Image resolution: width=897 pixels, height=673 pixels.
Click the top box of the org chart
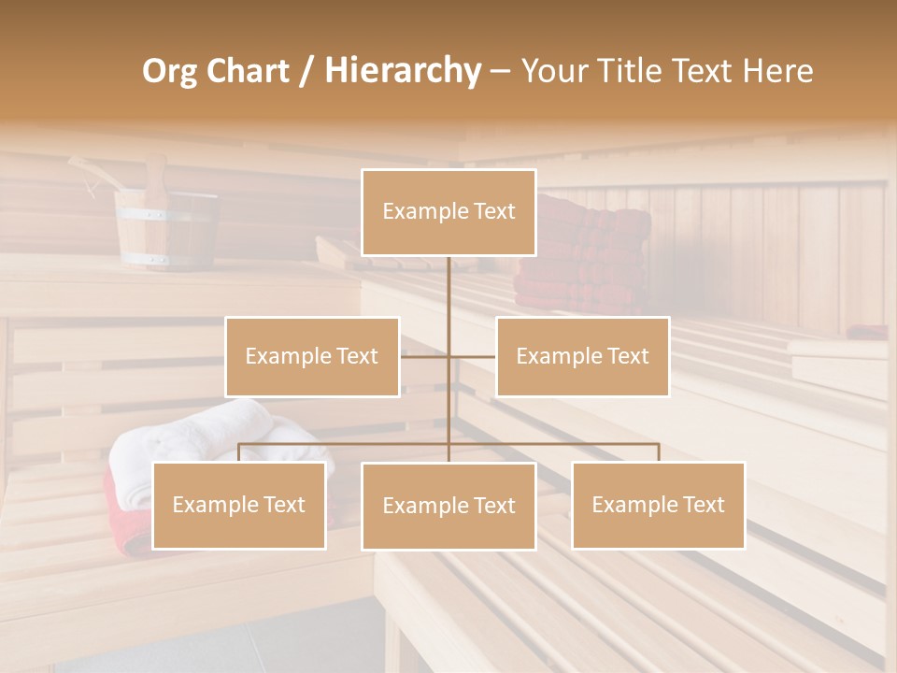[448, 212]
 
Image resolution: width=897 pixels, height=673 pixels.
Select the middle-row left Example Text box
[312, 356]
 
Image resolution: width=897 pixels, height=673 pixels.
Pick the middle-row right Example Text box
[582, 356]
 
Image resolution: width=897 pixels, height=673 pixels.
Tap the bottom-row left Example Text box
[239, 505]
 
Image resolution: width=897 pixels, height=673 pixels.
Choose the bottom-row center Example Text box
[448, 506]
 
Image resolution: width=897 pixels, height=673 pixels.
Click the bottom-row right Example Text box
[658, 505]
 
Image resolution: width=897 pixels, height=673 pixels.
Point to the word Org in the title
[169, 71]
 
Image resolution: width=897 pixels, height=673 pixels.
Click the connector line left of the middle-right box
[472, 356]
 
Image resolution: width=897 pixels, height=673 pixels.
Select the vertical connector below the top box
[448, 290]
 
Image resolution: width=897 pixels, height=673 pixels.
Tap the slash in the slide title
[305, 71]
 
